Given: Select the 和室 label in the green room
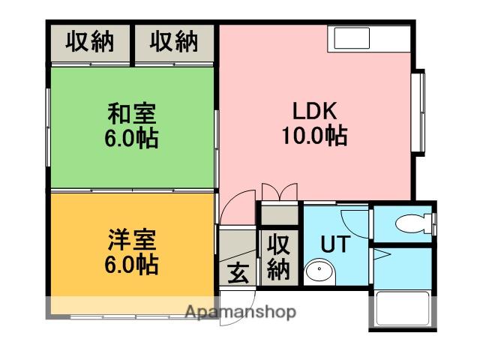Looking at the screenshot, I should (132, 115).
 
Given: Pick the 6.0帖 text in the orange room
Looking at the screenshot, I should (132, 265).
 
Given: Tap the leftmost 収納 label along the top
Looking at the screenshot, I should (90, 43).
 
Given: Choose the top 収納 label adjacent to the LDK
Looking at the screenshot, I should (174, 43).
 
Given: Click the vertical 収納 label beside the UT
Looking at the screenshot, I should (279, 256).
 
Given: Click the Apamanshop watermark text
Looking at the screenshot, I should (240, 312).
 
